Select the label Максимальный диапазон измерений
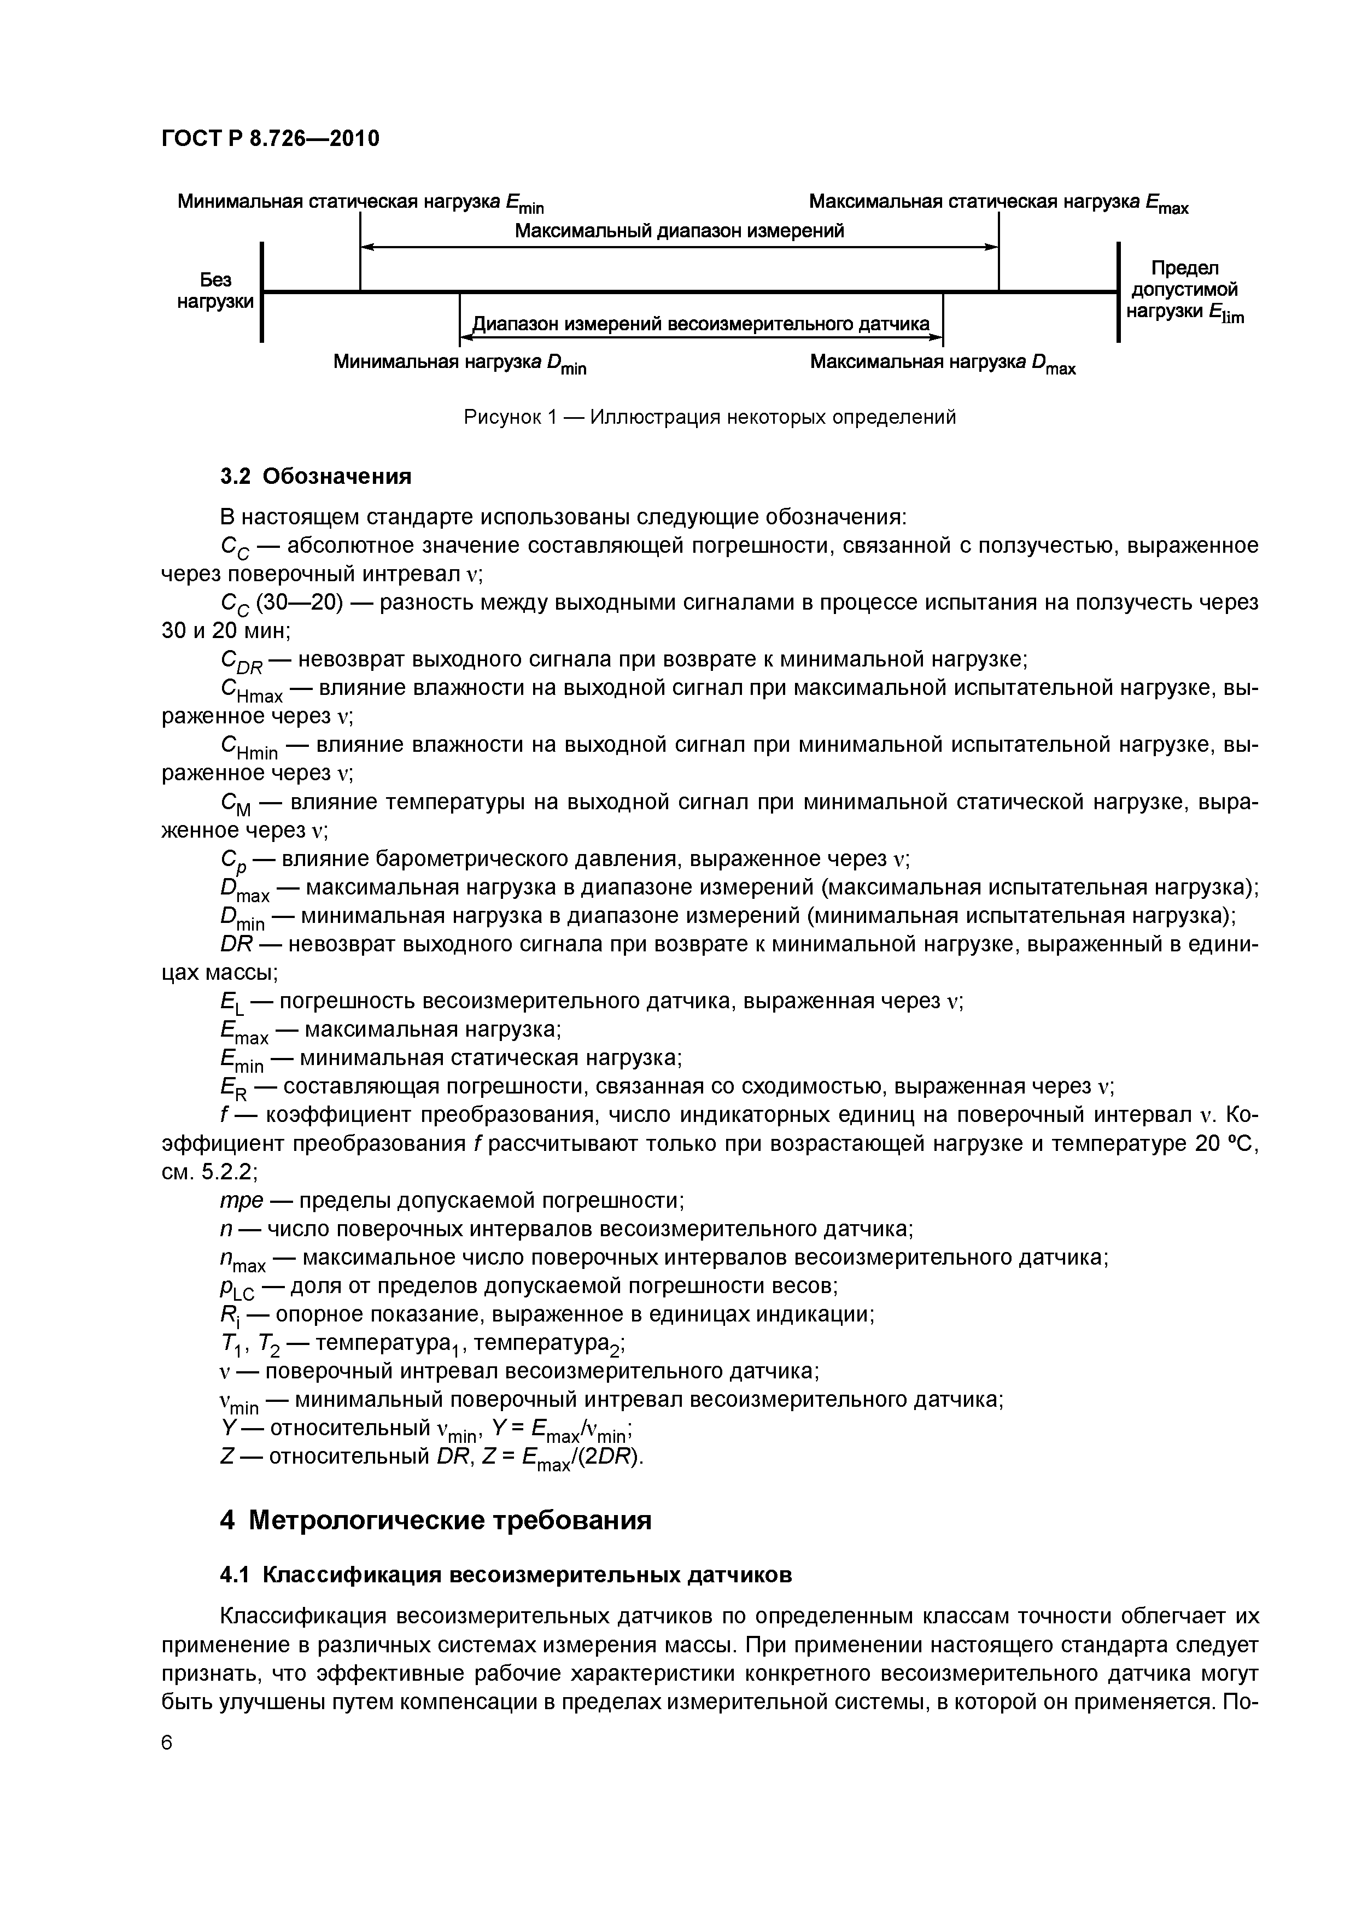[x=679, y=231]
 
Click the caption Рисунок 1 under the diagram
[x=709, y=417]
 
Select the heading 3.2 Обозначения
[x=316, y=476]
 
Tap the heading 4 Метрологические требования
[x=435, y=1521]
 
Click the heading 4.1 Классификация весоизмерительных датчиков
[x=505, y=1576]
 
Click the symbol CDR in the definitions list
[x=241, y=662]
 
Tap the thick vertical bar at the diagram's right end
[x=1118, y=291]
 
